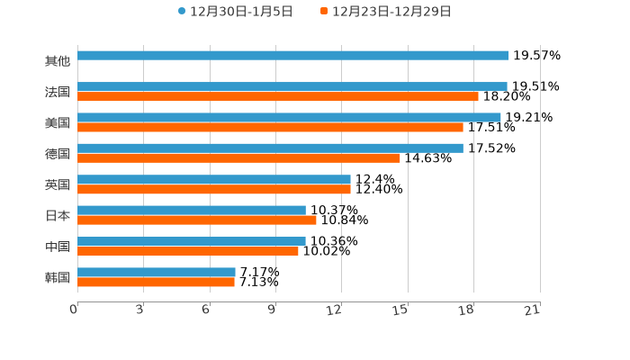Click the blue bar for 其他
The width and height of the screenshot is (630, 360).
[292, 56]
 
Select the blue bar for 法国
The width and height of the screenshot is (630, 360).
[292, 86]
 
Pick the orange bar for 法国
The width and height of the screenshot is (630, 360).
[278, 96]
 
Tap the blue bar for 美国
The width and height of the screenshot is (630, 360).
[289, 117]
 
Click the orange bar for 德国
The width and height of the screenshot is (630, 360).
[238, 157]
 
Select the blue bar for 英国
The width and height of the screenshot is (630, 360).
[214, 179]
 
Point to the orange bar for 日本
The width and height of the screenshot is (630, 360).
[197, 220]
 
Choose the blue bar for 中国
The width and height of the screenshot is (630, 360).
[192, 241]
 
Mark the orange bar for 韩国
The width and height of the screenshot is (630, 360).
[157, 282]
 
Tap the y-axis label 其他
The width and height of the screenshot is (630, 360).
[58, 61]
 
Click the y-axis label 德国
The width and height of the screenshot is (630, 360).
[58, 154]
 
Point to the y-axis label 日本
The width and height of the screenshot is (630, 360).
[58, 215]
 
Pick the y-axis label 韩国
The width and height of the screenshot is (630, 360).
[58, 277]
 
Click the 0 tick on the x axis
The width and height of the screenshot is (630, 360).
[74, 310]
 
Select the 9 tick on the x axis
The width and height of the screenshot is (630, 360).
[272, 310]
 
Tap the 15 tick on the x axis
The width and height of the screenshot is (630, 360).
[400, 310]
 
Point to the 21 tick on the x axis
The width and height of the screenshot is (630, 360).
[532, 310]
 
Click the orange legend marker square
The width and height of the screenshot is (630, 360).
[324, 12]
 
